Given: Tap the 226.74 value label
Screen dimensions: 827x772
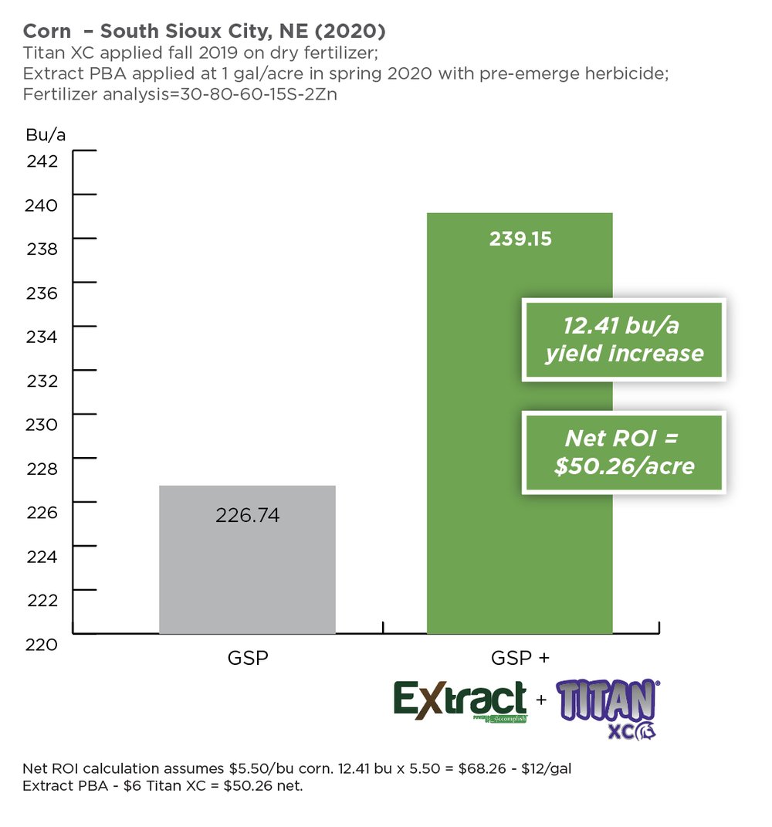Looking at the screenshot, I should pyautogui.click(x=247, y=515).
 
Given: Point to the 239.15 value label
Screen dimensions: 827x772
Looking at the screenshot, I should pyautogui.click(x=520, y=239).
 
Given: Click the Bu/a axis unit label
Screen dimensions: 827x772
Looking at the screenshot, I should pyautogui.click(x=46, y=134).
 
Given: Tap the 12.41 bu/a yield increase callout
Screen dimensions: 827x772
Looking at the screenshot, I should pyautogui.click(x=624, y=340).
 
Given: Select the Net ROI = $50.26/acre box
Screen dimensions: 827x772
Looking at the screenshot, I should pyautogui.click(x=624, y=452).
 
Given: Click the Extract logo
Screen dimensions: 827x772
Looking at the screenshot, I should pyautogui.click(x=461, y=700).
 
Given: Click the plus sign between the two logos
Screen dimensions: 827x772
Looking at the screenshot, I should pyautogui.click(x=540, y=700).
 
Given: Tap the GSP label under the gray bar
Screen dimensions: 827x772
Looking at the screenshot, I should pyautogui.click(x=247, y=659).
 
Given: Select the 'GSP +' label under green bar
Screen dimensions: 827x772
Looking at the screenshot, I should pyautogui.click(x=520, y=659).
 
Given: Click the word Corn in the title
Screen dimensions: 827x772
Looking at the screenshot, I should pyautogui.click(x=46, y=32).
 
